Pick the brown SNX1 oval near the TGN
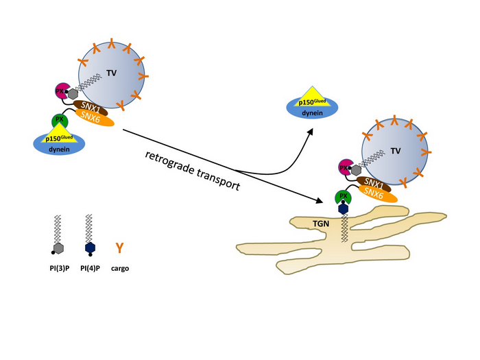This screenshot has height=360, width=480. pyautogui.click(x=373, y=184)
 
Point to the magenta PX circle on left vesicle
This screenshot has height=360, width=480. pyautogui.click(x=61, y=91)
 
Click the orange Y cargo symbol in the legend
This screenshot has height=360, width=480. pyautogui.click(x=119, y=247)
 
